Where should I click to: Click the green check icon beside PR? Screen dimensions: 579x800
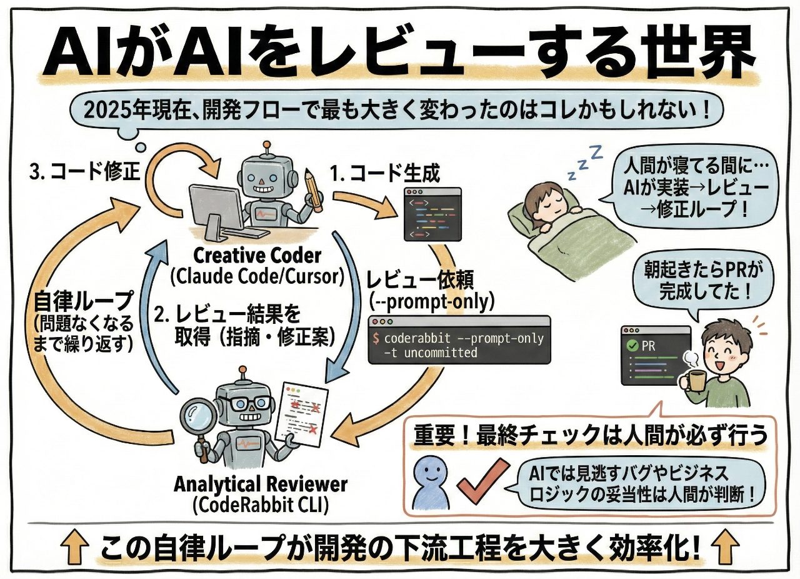[632, 344]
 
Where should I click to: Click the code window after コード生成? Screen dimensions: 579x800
[432, 214]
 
